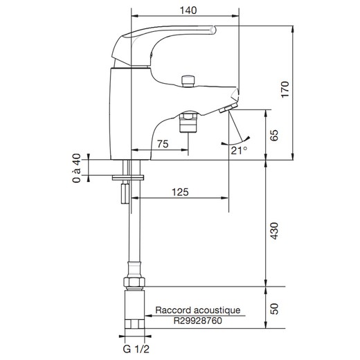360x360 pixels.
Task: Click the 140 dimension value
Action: pos(188,10)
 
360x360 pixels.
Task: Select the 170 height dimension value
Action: pos(285,89)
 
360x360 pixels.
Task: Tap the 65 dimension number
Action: pos(274,135)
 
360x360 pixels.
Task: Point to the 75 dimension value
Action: pos(163,144)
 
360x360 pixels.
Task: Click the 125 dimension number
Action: pos(180,192)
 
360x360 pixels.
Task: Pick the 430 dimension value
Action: pos(274,231)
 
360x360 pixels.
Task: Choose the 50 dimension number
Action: pos(274,309)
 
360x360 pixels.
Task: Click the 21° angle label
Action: pos(239,150)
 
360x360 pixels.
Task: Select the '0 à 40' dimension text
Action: pos(77,168)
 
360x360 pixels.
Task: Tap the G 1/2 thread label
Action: pos(136,349)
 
